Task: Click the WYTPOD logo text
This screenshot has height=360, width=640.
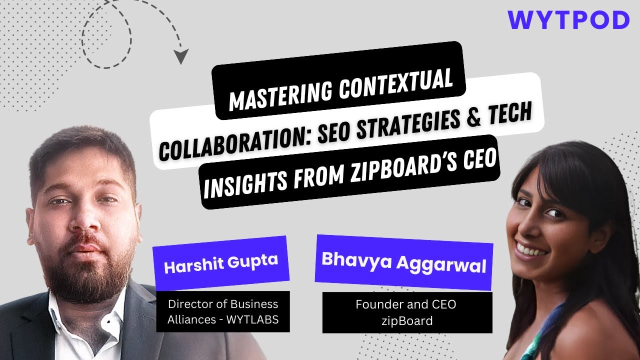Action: pyautogui.click(x=568, y=21)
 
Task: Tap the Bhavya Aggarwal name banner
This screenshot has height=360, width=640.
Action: pyautogui.click(x=404, y=262)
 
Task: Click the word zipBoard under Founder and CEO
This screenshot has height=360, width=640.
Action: pyautogui.click(x=406, y=320)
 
